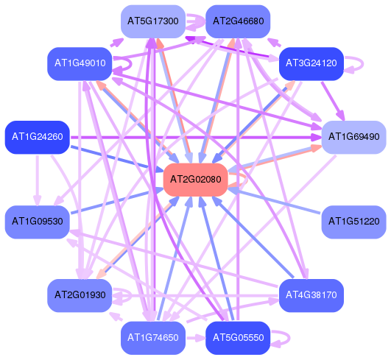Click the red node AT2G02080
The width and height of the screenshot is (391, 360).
[x=196, y=180]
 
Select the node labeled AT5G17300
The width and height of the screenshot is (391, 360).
[x=153, y=21]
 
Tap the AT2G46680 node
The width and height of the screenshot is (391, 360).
[x=238, y=21]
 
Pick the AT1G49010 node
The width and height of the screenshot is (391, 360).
[x=80, y=63]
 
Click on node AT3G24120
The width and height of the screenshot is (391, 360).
[x=311, y=63]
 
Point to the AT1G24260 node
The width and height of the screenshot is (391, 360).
[x=38, y=137]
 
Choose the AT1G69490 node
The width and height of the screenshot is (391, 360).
[x=354, y=137]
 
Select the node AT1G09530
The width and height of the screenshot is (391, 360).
[x=38, y=222]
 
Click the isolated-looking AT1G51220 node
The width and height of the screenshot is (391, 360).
[x=354, y=222]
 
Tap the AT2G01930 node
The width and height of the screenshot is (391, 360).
[x=80, y=295]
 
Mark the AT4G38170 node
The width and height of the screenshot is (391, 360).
[x=311, y=295]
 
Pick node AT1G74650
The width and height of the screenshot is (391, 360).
[x=153, y=338]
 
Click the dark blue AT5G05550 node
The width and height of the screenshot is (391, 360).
[x=238, y=338]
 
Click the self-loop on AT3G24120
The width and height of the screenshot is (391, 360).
[x=362, y=64]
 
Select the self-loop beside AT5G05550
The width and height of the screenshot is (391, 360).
[x=289, y=339]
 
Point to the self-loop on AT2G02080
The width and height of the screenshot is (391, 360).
[x=246, y=179]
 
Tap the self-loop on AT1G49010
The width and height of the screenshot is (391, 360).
[x=130, y=64]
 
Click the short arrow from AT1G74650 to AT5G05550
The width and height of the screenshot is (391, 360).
[x=196, y=338]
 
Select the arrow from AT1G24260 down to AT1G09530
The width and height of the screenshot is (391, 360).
[x=38, y=180]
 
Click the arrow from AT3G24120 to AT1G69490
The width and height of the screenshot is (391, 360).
[x=333, y=101]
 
